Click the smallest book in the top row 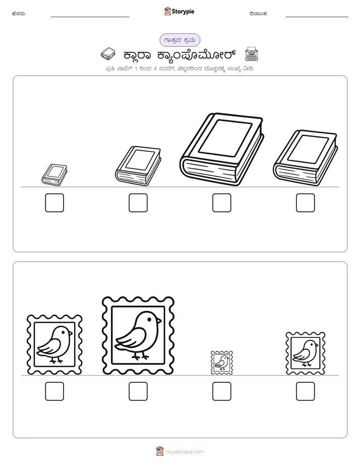click(x=54, y=175)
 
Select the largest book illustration click(x=221, y=149)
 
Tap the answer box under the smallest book click(x=54, y=203)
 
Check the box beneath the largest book click(x=221, y=203)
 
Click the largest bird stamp click(x=138, y=335)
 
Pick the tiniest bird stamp click(x=222, y=363)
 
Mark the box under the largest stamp click(x=138, y=391)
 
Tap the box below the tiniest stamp click(x=221, y=391)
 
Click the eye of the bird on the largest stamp click(x=149, y=319)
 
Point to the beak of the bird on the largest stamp click(x=159, y=321)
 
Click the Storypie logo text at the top click(x=183, y=12)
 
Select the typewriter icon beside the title click(x=252, y=54)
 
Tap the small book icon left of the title click(x=108, y=54)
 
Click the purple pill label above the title click(x=179, y=40)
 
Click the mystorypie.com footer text click(x=185, y=452)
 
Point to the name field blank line click(x=90, y=17)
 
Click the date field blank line click(x=317, y=17)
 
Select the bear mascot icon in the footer click(x=160, y=451)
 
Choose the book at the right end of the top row click(x=305, y=158)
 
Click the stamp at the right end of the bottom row click(x=306, y=354)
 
